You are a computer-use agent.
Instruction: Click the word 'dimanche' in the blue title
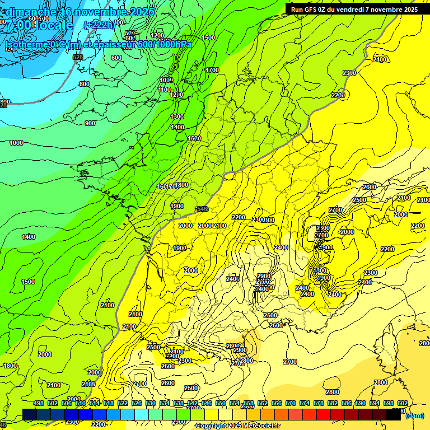pos(31,12)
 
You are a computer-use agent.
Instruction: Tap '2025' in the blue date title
pos(140,12)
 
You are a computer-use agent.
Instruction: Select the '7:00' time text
pos(18,25)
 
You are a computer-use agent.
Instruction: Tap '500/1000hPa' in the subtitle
pos(166,44)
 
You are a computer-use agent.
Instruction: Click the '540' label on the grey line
pos(202,209)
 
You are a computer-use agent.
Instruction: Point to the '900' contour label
pos(90,123)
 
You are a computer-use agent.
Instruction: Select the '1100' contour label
pos(164,90)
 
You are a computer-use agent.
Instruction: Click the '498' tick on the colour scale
pos(39,403)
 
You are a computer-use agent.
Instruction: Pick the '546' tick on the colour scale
pos(206,403)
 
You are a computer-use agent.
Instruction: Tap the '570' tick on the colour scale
pos(290,403)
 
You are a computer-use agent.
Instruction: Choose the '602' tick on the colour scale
pos(402,403)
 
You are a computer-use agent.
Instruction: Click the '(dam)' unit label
pos(414,415)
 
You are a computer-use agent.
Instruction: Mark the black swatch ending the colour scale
pos(394,414)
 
